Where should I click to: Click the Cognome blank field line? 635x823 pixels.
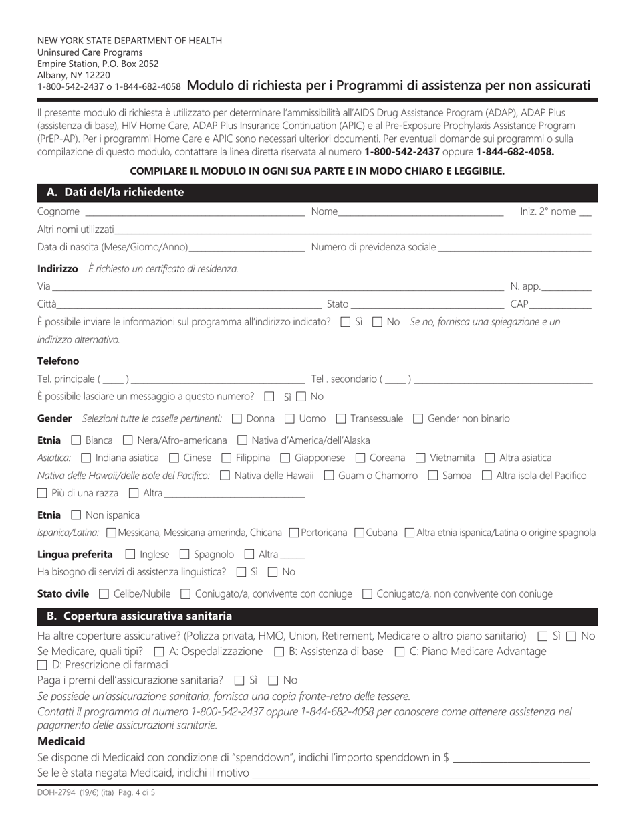[x=194, y=213]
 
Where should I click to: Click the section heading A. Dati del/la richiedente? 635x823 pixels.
[x=115, y=193]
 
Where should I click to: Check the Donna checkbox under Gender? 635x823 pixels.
[x=237, y=419]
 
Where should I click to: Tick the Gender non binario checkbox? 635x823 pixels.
[x=418, y=419]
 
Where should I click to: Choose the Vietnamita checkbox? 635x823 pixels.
[x=421, y=458]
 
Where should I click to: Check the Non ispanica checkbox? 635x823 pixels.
[x=76, y=515]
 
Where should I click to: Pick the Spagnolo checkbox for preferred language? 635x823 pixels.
[x=186, y=555]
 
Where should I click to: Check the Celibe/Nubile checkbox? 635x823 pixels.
[x=103, y=594]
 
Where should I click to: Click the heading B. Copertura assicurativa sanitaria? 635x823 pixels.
[x=139, y=616]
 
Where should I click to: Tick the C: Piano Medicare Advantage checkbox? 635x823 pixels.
[x=400, y=652]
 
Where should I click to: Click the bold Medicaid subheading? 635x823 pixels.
[x=61, y=742]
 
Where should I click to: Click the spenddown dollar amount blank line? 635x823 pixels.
[x=521, y=759]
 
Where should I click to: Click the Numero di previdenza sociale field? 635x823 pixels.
[x=515, y=248]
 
